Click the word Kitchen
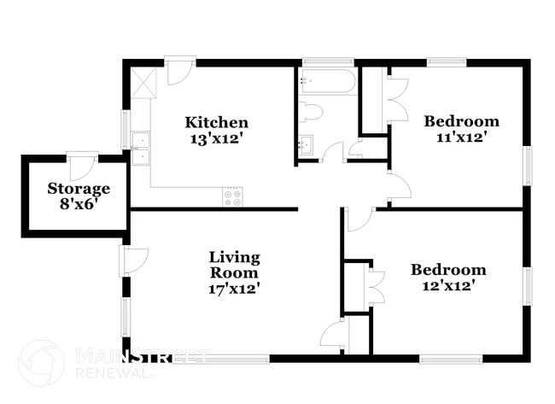tap(218, 123)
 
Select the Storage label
tap(79, 189)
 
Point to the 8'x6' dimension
tap(79, 204)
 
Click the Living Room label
tap(235, 265)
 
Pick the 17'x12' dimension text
tap(235, 289)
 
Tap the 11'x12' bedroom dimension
tap(462, 136)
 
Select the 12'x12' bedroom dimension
tap(448, 285)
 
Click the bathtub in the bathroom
tap(327, 82)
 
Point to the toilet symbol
tap(309, 112)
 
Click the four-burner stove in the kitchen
tap(233, 197)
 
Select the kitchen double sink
tap(141, 148)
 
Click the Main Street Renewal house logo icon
tap(40, 362)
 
